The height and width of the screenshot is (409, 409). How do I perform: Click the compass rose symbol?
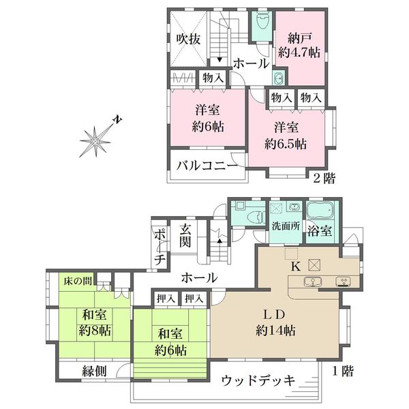[x=95, y=141]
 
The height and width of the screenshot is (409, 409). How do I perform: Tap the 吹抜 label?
[x=188, y=40]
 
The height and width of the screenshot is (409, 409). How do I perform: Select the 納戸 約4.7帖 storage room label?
[x=299, y=46]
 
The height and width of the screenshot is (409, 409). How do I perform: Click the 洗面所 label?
[x=286, y=226]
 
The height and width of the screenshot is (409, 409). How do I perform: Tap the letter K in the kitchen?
[x=295, y=267]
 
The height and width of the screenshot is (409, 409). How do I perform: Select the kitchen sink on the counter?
[x=312, y=282]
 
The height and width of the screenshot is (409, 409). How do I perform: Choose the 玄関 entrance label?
[x=185, y=235]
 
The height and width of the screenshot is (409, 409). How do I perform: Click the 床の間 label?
[x=78, y=281]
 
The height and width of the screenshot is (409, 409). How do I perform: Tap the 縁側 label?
[x=94, y=371]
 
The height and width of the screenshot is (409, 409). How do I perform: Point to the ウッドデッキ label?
[x=258, y=380]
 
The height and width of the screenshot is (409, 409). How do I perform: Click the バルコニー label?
[x=207, y=166]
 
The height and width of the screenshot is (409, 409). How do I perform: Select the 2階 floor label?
[x=324, y=179]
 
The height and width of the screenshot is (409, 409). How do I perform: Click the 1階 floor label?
[x=343, y=371]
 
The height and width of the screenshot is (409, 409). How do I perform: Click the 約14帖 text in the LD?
[x=275, y=331]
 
